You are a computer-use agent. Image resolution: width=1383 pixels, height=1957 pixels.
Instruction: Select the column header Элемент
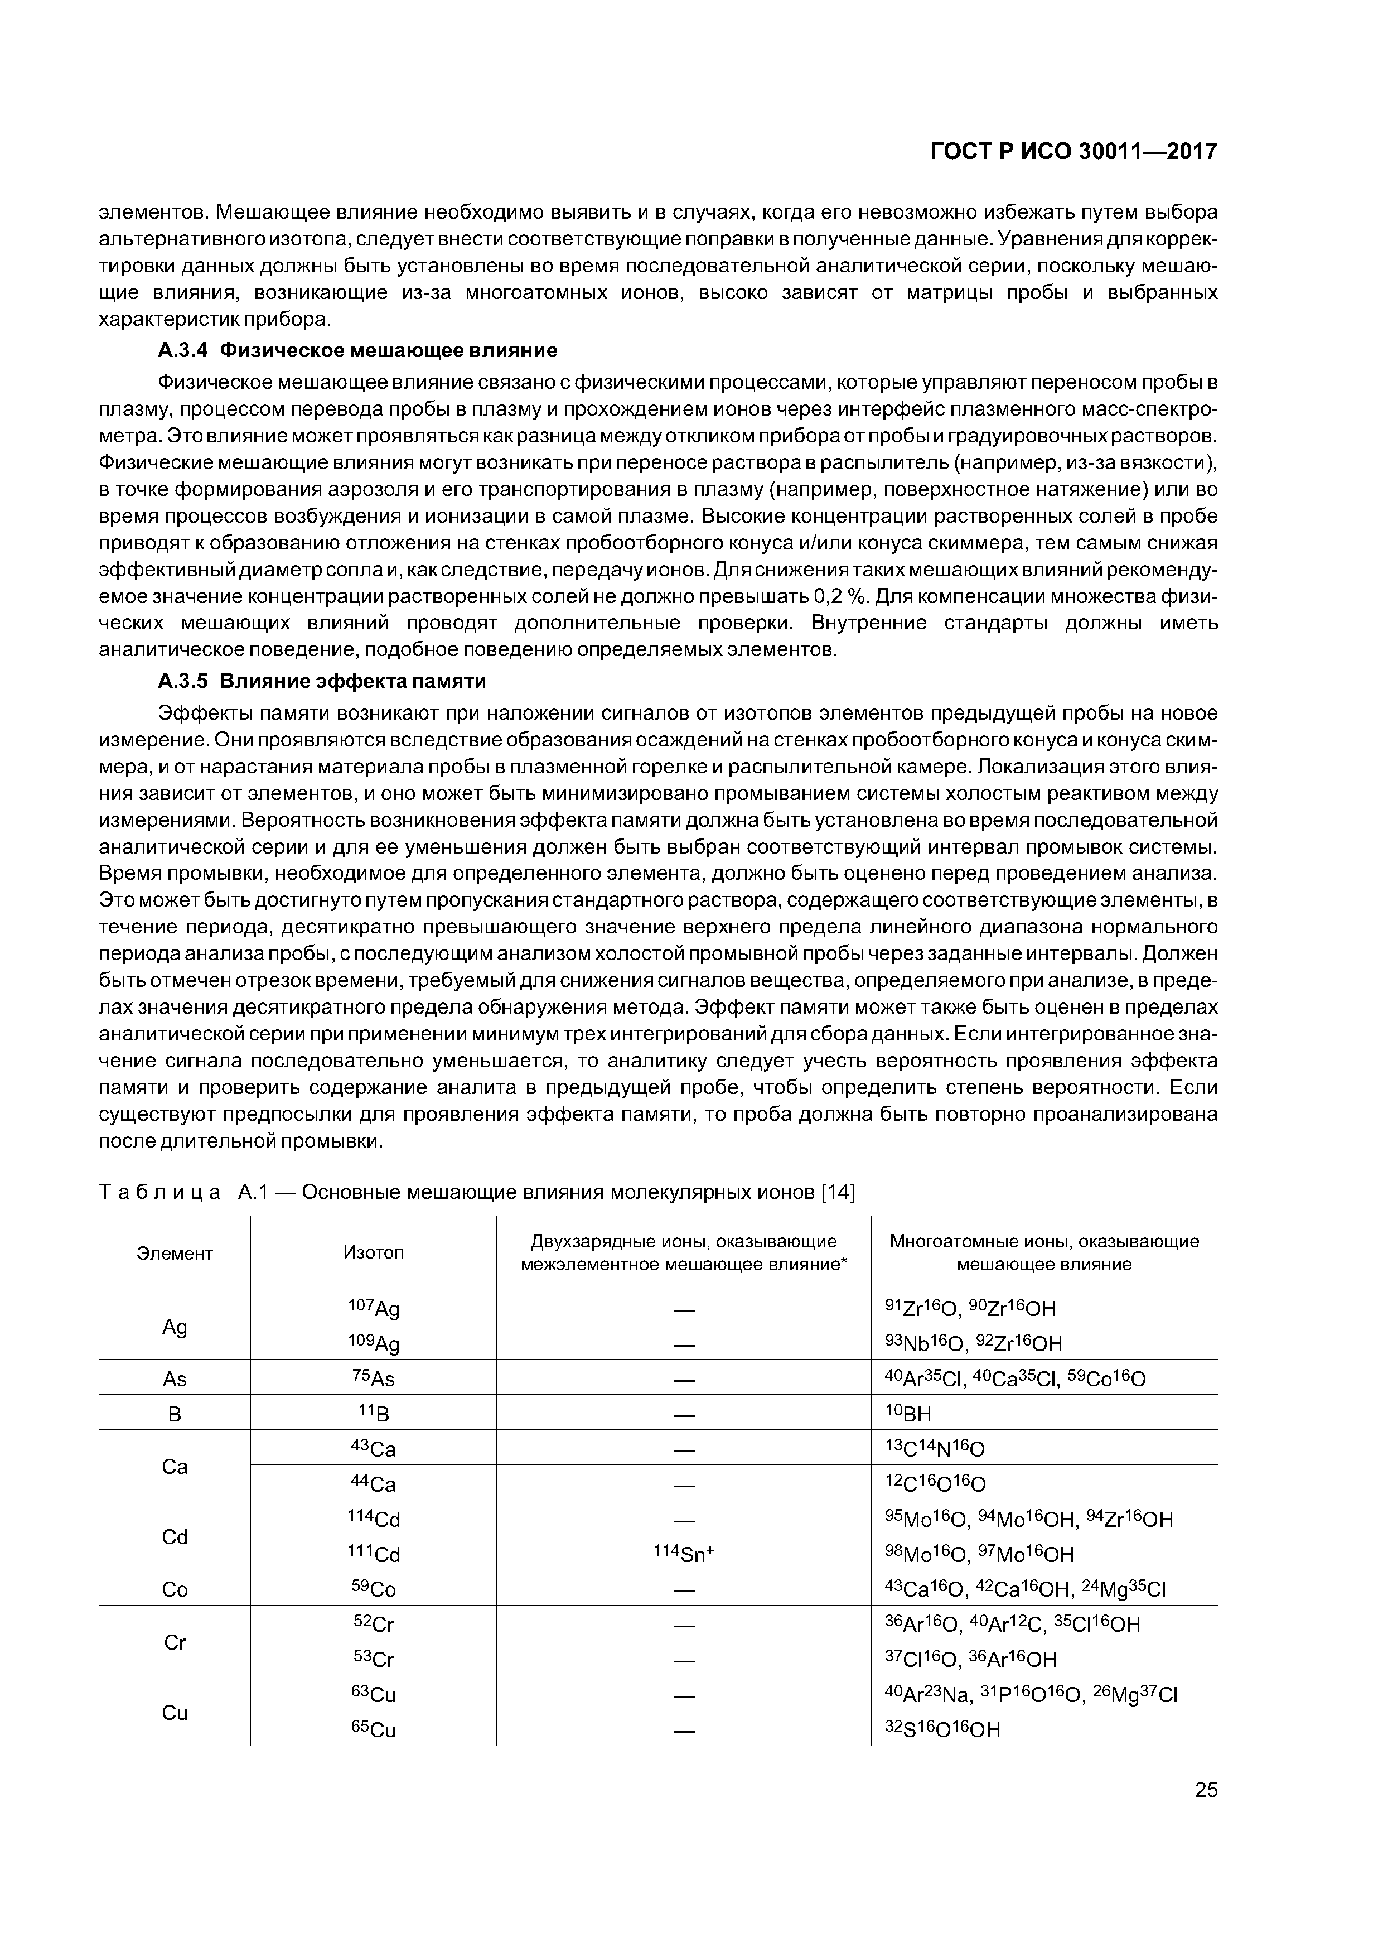pos(175,1253)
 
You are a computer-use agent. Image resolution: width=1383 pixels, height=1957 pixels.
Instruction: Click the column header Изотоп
pos(373,1252)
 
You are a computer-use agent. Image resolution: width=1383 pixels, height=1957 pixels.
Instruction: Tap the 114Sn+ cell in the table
pos(683,1553)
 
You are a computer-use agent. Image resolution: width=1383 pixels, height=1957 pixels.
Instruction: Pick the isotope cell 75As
pos(373,1378)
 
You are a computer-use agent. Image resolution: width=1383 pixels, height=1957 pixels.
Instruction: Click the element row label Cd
pos(175,1537)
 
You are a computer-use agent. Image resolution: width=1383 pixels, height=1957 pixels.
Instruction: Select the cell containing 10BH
pos(908,1414)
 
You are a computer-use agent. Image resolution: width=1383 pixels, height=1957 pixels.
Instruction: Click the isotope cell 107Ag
pos(373,1308)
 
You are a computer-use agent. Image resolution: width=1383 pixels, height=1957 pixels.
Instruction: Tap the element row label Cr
pos(175,1642)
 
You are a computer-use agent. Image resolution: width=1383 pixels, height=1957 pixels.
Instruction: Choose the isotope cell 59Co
pos(373,1589)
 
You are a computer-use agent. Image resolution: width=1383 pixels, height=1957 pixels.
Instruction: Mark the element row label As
pos(175,1378)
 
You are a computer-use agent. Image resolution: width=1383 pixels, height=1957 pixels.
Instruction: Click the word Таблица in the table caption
pos(160,1192)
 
